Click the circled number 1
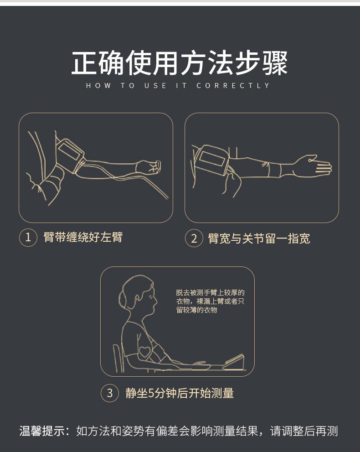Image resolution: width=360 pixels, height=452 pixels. [28, 238]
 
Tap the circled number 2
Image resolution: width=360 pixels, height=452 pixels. [194, 239]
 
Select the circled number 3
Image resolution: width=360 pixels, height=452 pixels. [109, 393]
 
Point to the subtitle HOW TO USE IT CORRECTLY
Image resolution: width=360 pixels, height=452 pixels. [178, 86]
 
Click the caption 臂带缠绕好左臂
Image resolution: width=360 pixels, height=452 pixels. [83, 237]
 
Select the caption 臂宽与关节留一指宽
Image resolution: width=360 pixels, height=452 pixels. [259, 239]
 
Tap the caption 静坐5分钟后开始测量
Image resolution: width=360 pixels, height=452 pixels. [180, 393]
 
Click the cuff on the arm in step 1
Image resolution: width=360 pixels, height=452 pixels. [71, 156]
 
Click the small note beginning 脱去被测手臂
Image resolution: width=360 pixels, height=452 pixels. [210, 301]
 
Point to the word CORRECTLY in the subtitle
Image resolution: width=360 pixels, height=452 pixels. [233, 86]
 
